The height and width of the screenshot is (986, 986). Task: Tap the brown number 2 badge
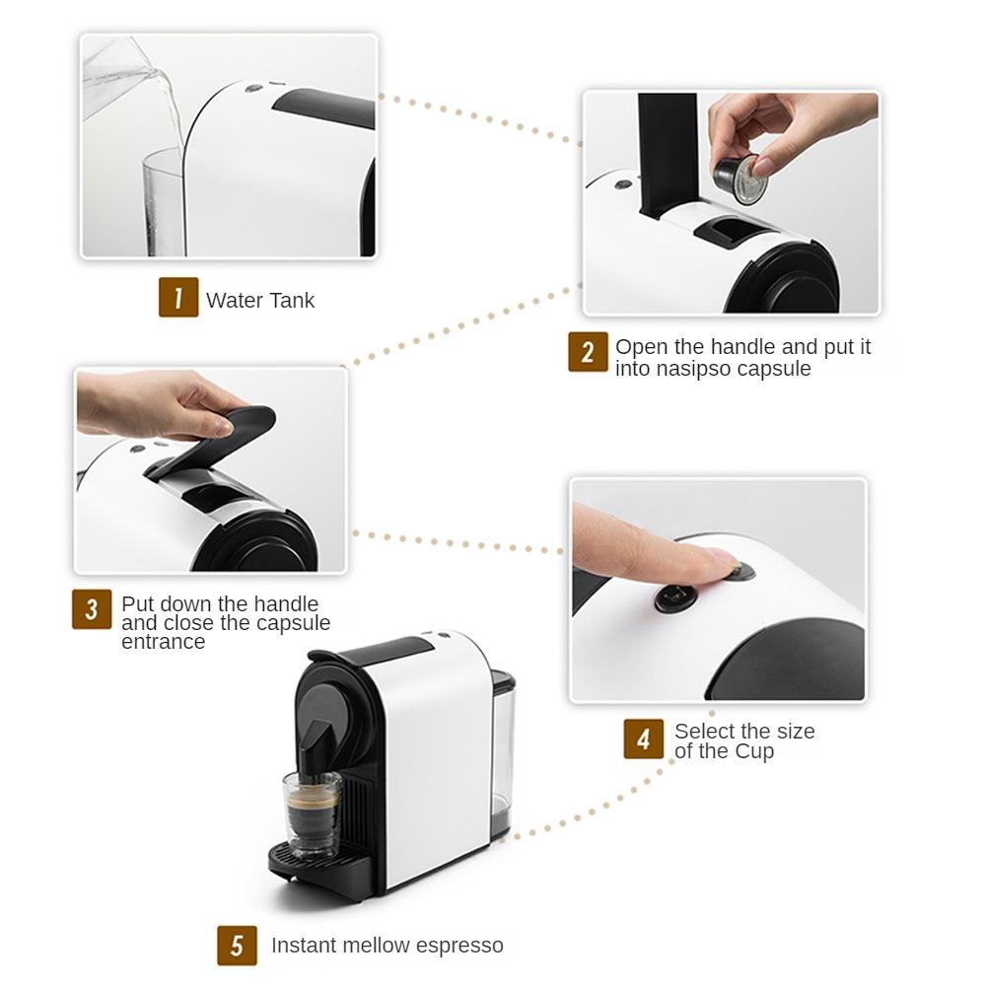click(588, 352)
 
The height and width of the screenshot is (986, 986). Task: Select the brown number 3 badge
click(92, 608)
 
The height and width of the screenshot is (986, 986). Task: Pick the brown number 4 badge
click(643, 739)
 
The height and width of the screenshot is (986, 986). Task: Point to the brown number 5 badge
click(237, 946)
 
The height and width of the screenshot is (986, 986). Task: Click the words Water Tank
click(260, 301)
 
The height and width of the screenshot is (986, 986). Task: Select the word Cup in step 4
click(754, 751)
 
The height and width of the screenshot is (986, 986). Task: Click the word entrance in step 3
click(164, 642)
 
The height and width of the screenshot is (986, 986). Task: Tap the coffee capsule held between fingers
click(739, 178)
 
